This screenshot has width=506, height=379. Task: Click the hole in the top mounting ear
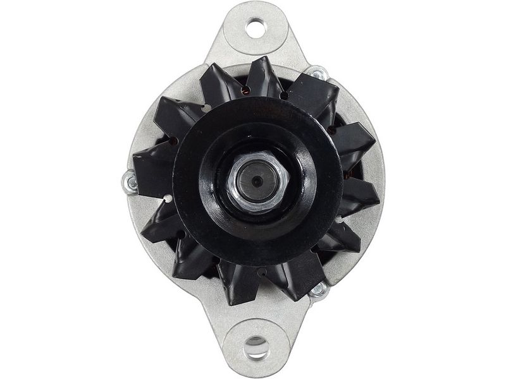click(x=256, y=27)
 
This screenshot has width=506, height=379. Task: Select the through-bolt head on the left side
click(x=130, y=183)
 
